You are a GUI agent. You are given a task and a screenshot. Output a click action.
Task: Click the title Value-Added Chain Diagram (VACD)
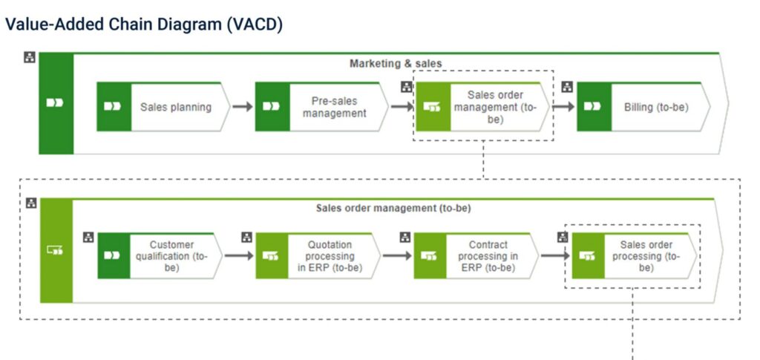(x=144, y=24)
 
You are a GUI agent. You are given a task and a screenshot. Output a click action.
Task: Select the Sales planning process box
(x=175, y=107)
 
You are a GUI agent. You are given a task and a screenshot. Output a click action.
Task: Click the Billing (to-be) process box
(x=655, y=107)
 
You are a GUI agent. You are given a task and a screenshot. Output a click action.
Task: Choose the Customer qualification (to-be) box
(x=171, y=256)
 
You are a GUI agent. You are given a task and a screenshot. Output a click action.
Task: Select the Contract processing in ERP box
(x=488, y=256)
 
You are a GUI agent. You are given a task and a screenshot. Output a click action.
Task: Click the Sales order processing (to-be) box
(x=645, y=256)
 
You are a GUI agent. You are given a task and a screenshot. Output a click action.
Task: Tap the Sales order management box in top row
(x=495, y=107)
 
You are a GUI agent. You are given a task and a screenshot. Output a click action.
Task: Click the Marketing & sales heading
(x=396, y=64)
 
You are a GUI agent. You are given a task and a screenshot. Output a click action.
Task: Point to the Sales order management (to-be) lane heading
(x=393, y=208)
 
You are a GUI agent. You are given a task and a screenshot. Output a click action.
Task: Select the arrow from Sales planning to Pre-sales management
(x=242, y=107)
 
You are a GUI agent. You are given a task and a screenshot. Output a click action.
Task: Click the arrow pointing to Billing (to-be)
(x=563, y=107)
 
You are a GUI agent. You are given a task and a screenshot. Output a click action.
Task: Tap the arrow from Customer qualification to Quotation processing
(x=239, y=256)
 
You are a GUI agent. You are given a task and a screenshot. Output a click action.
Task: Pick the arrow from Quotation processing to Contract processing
(x=397, y=256)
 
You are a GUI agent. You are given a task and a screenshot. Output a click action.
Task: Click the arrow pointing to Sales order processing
(x=555, y=256)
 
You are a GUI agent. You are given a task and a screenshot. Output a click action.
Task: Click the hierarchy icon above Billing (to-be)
(x=567, y=87)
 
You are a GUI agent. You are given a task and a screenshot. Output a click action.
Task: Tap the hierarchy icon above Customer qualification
(x=88, y=238)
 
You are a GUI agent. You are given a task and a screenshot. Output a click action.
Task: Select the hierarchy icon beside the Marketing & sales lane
(x=29, y=57)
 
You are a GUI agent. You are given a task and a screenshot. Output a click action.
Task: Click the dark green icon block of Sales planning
(x=114, y=107)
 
